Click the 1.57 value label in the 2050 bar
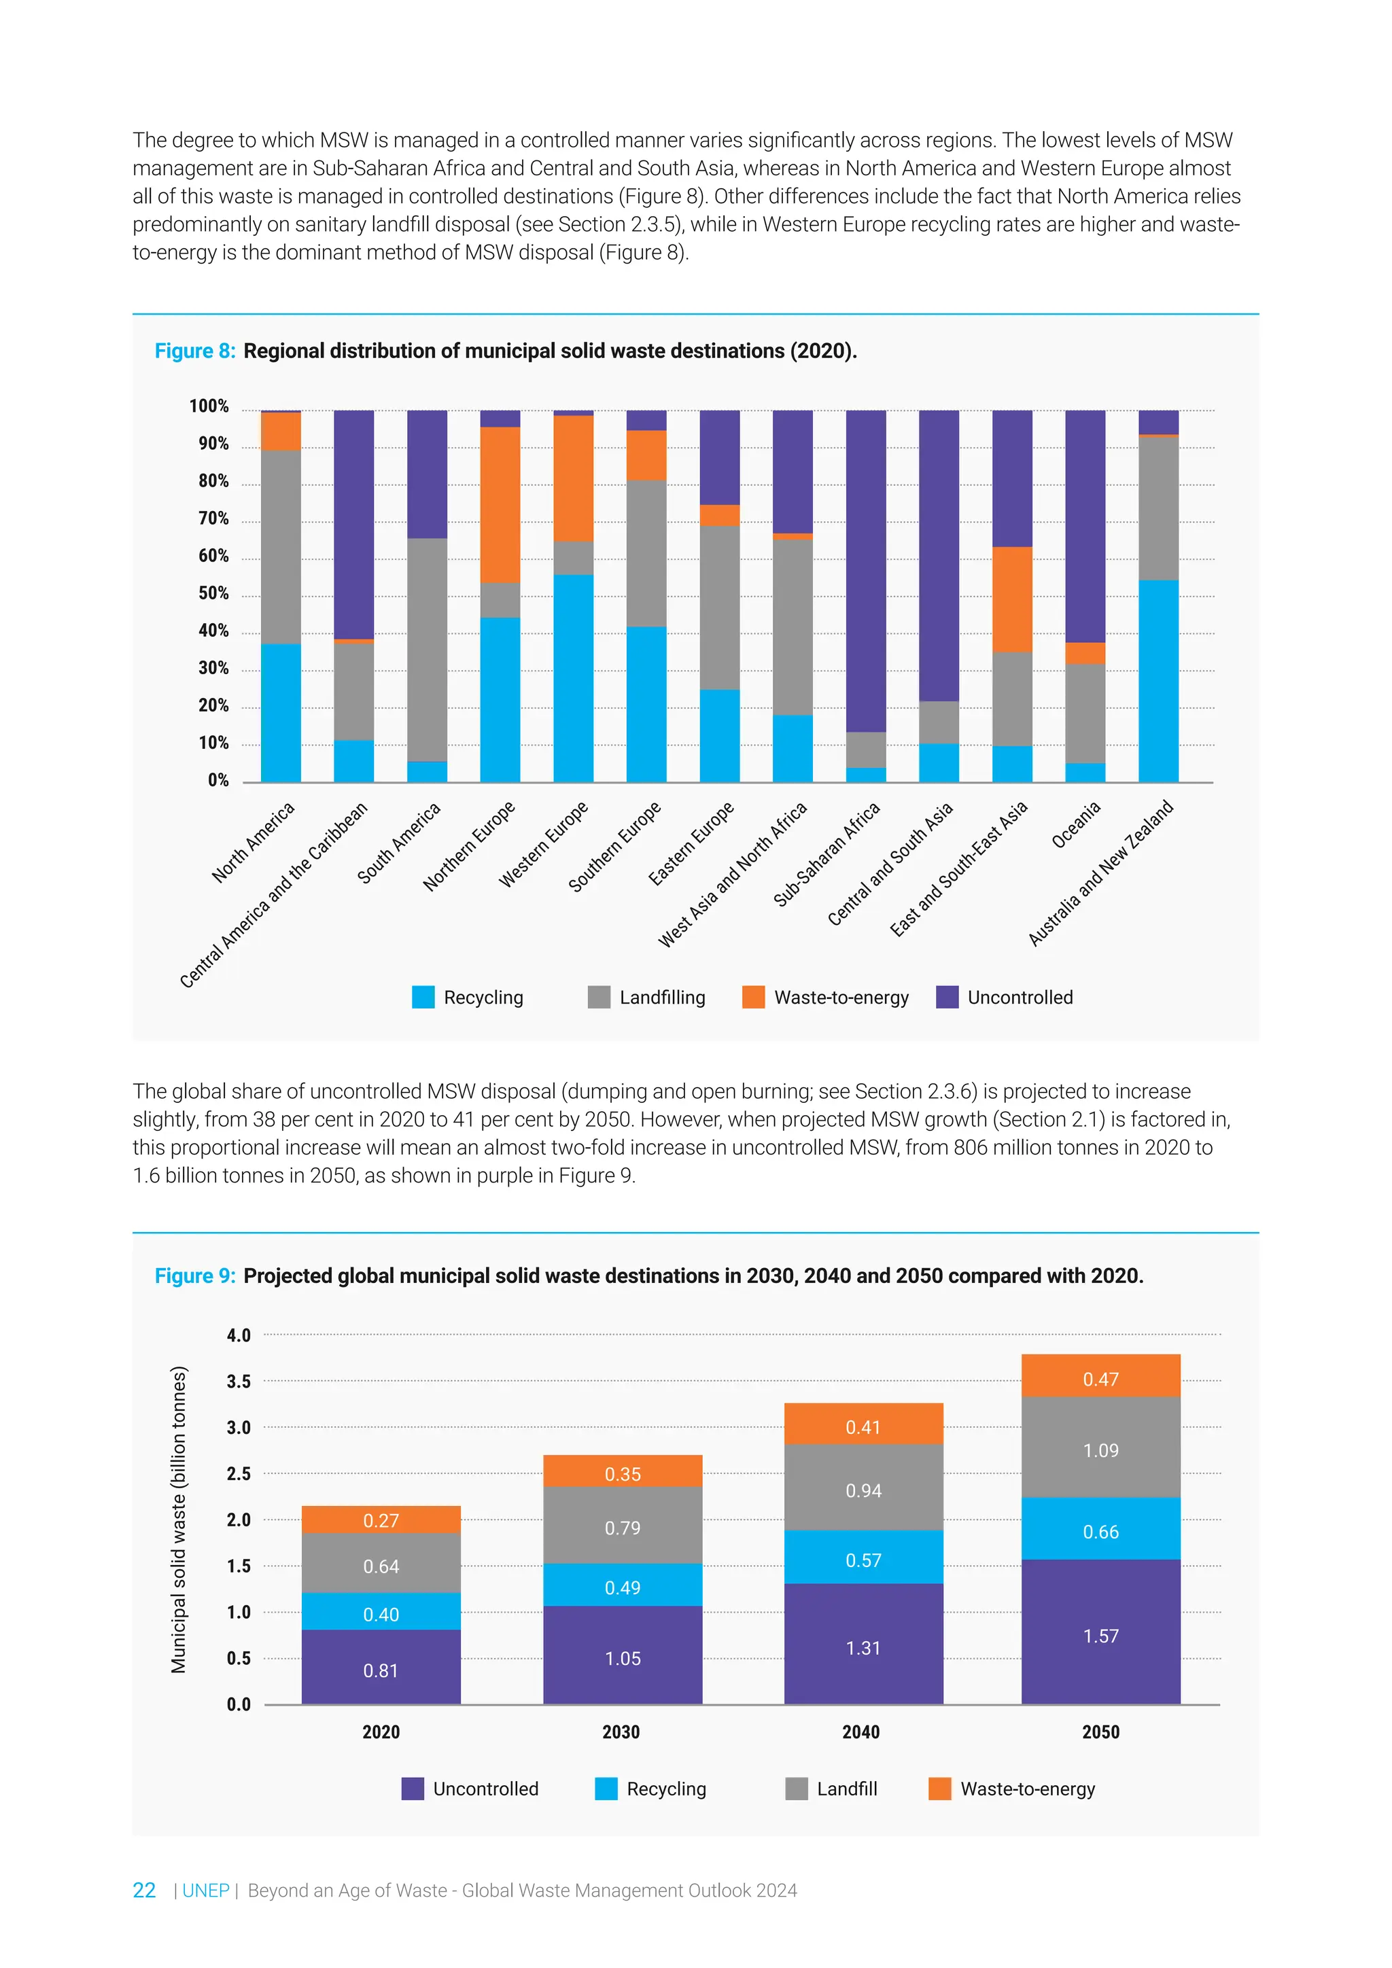tap(1100, 1636)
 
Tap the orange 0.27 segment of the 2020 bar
tap(381, 1521)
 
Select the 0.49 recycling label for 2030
tap(623, 1588)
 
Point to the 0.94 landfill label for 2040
tap(863, 1490)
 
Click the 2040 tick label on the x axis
tap(860, 1732)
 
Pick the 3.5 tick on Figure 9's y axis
tap(239, 1382)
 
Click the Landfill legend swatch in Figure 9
tap(797, 1789)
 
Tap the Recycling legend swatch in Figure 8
tap(423, 998)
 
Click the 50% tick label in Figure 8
tap(213, 593)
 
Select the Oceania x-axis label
tap(1076, 826)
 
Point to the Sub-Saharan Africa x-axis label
tap(826, 855)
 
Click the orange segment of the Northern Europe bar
tap(500, 504)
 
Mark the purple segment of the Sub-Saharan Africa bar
tap(866, 571)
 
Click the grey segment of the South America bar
tap(427, 649)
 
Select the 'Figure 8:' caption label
tap(194, 351)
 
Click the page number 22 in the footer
tap(144, 1891)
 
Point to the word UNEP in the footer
tap(206, 1891)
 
